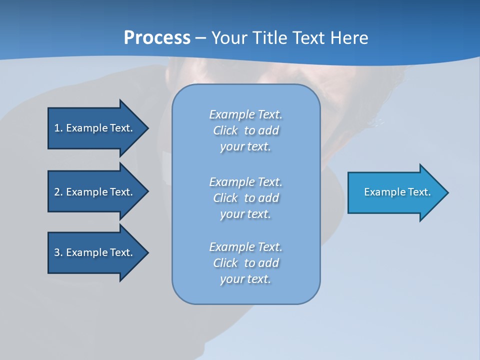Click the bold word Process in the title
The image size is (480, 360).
[x=157, y=38]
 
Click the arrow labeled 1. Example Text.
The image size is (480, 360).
[x=93, y=128]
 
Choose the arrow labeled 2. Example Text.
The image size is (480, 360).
[x=93, y=192]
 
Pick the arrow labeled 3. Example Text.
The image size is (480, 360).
[x=93, y=252]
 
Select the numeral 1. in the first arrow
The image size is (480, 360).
[x=58, y=128]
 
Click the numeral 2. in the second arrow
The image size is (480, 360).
[x=58, y=192]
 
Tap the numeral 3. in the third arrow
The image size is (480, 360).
[x=58, y=252]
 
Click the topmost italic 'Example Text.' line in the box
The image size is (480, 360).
[x=245, y=114]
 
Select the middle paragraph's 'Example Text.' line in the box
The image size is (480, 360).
[x=245, y=181]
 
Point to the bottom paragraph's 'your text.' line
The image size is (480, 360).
[x=245, y=279]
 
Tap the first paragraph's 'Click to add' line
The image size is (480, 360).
[x=245, y=130]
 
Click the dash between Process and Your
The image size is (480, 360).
[x=201, y=38]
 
